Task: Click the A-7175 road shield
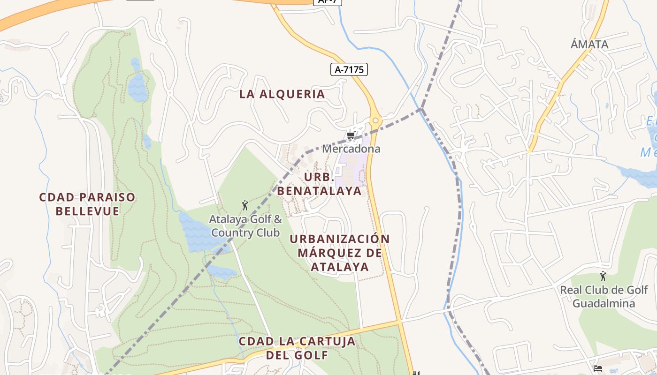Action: point(349,70)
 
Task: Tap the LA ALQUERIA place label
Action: point(282,94)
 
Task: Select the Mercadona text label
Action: point(351,149)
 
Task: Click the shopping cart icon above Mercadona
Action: point(351,136)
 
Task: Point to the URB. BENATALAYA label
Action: point(319,184)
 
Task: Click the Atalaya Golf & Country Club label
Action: point(245,225)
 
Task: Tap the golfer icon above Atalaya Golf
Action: point(244,205)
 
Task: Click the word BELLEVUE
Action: point(87,211)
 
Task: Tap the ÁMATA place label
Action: point(589,45)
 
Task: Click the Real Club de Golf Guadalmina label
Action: point(604,296)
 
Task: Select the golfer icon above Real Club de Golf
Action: point(603,276)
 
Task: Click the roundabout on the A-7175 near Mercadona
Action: point(374,121)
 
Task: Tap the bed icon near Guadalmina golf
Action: point(598,368)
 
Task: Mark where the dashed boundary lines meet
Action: point(421,109)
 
